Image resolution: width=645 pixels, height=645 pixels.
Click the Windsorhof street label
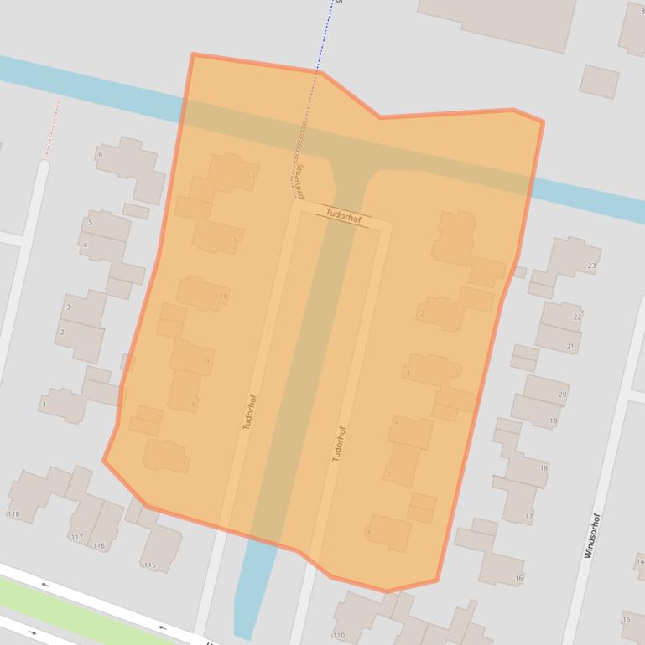pyautogui.click(x=593, y=535)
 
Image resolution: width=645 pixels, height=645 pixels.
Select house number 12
pyautogui.click(x=251, y=178)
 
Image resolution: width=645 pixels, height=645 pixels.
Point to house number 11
pyautogui.click(x=233, y=240)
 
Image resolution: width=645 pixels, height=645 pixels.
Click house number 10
pyautogui.click(x=223, y=296)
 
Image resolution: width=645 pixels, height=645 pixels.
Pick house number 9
pyautogui.click(x=207, y=362)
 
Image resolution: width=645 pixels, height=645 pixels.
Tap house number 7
pyautogui.click(x=185, y=462)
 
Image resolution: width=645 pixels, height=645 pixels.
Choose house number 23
pyautogui.click(x=591, y=266)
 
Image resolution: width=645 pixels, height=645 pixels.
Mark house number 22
pyautogui.click(x=576, y=317)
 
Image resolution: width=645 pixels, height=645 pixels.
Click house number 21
pyautogui.click(x=570, y=347)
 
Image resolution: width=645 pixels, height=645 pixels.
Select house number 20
pyautogui.click(x=562, y=394)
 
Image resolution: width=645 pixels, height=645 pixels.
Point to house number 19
pyautogui.click(x=554, y=421)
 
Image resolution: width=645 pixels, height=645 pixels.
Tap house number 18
pyautogui.click(x=544, y=469)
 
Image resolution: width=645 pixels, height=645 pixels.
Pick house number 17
pyautogui.click(x=528, y=517)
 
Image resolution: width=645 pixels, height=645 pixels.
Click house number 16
pyautogui.click(x=518, y=578)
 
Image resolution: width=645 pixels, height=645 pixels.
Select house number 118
pyautogui.click(x=13, y=514)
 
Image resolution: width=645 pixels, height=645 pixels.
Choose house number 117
pyautogui.click(x=77, y=537)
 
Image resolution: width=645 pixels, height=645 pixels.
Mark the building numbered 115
pyautogui.click(x=149, y=565)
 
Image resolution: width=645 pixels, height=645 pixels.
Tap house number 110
pyautogui.click(x=339, y=636)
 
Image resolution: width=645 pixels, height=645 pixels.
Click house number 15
pyautogui.click(x=626, y=620)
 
